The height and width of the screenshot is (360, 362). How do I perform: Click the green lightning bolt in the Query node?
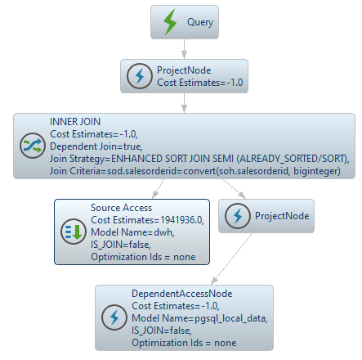(170, 22)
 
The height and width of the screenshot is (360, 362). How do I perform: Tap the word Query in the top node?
(200, 22)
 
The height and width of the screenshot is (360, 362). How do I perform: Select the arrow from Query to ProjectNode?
(185, 49)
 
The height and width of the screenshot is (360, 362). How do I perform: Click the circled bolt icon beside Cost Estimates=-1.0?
(140, 76)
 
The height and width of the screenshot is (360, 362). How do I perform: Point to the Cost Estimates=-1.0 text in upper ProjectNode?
(200, 83)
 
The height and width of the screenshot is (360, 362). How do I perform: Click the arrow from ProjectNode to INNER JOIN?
(185, 103)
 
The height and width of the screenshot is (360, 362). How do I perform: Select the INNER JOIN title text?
(75, 122)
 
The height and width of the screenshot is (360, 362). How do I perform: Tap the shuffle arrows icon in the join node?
(33, 146)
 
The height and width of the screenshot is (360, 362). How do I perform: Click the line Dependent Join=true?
(96, 146)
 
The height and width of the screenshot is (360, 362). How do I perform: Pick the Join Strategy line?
(199, 159)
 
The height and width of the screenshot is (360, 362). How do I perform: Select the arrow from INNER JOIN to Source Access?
(159, 188)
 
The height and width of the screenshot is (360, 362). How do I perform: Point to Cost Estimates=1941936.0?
(147, 220)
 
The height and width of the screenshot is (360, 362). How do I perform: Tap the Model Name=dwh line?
(132, 232)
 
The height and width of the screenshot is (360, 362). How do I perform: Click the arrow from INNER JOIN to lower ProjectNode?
(234, 188)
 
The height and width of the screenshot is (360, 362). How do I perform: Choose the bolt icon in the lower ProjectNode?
(238, 216)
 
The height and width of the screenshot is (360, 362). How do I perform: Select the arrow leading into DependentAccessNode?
(232, 259)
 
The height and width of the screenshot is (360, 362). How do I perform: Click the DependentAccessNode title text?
(182, 294)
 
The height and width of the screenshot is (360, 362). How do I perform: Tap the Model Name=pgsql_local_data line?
(199, 318)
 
